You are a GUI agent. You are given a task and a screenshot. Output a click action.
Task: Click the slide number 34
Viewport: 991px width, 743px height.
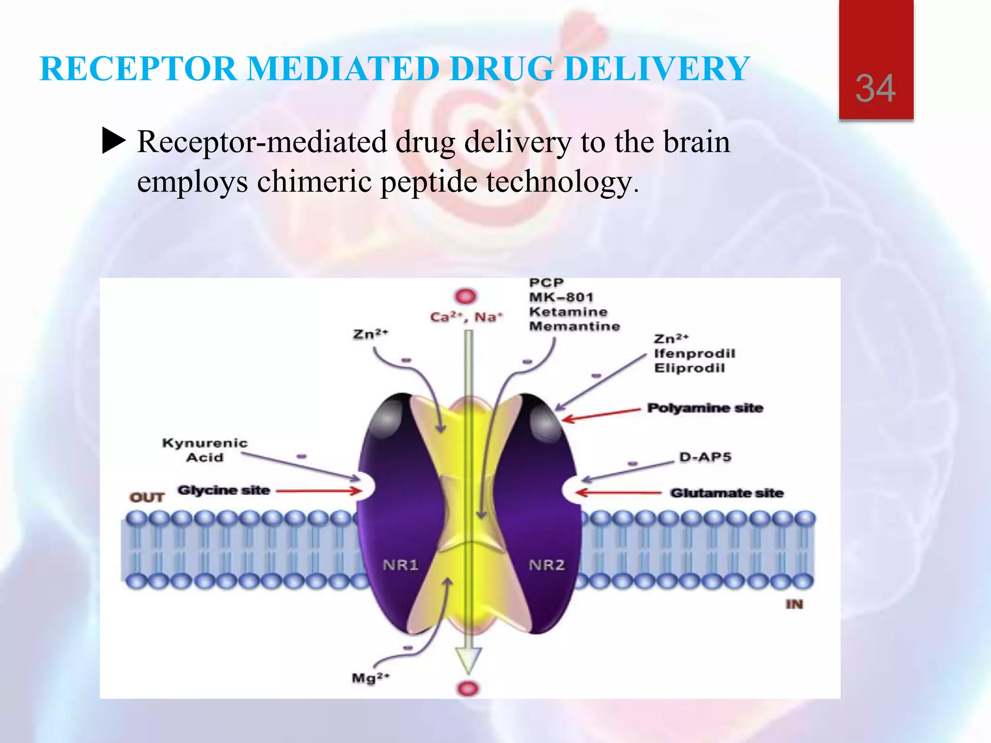tap(875, 89)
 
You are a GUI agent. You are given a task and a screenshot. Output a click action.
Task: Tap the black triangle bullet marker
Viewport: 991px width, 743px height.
tap(114, 141)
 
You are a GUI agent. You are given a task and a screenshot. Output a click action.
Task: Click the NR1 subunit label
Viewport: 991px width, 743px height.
tap(400, 565)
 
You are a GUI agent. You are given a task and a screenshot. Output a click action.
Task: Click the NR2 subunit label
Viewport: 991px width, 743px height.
tap(547, 565)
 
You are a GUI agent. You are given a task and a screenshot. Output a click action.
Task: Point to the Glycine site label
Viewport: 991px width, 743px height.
tap(224, 490)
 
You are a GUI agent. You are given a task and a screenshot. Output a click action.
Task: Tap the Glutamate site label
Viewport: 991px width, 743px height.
tap(726, 493)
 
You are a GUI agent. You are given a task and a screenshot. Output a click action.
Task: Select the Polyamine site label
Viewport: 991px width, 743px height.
tap(705, 408)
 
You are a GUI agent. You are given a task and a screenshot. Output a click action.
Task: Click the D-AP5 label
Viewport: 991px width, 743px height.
tap(705, 457)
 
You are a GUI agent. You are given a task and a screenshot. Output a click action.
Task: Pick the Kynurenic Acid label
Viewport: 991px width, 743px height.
tap(205, 450)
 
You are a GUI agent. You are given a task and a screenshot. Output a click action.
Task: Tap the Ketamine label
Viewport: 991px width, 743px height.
tap(568, 312)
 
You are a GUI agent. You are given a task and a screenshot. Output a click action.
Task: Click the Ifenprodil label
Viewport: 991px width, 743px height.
tap(694, 354)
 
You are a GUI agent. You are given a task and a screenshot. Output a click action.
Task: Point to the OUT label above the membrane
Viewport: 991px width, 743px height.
tap(147, 497)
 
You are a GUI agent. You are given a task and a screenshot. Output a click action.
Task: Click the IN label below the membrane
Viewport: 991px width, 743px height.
tap(794, 604)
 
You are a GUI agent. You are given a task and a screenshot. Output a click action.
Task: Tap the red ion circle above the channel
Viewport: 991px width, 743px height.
tap(465, 296)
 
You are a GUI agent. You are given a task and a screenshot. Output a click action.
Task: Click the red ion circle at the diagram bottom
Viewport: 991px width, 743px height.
tap(468, 688)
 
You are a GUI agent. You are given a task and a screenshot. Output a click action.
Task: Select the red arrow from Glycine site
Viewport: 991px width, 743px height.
tap(319, 491)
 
